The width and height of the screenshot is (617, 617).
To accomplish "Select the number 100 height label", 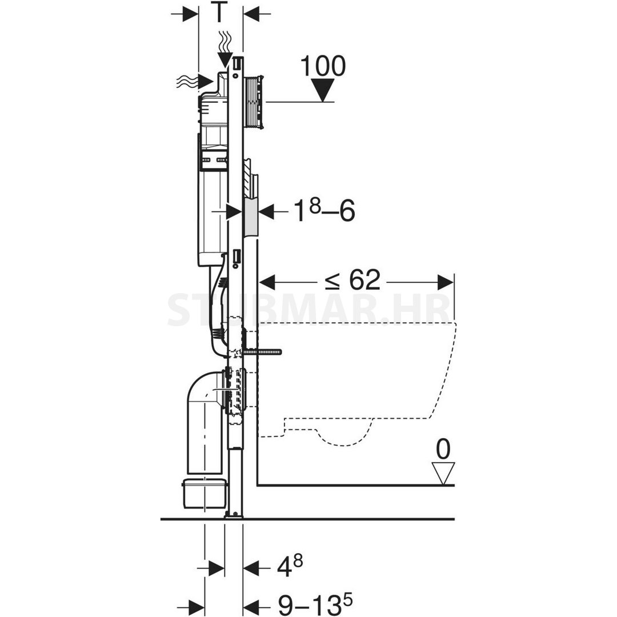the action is (x=323, y=66).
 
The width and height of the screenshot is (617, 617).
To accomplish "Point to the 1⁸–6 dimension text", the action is (x=325, y=211).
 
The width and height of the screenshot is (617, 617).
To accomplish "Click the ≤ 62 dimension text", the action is (x=352, y=280).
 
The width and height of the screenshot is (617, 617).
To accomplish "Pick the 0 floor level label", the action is (x=443, y=450).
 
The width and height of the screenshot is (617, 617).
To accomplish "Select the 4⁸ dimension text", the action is (x=290, y=566).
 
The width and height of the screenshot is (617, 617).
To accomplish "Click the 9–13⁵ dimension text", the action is (x=315, y=604).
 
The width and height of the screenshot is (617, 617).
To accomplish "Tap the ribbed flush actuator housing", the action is (x=254, y=102).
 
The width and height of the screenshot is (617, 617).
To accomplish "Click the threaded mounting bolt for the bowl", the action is (x=261, y=352).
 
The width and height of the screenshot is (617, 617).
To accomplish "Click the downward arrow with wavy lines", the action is (x=225, y=50).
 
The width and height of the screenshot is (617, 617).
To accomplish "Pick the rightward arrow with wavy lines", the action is (x=195, y=82).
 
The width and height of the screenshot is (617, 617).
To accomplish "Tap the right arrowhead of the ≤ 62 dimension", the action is (x=446, y=282).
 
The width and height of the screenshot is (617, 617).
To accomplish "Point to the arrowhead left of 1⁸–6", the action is (x=266, y=212).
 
